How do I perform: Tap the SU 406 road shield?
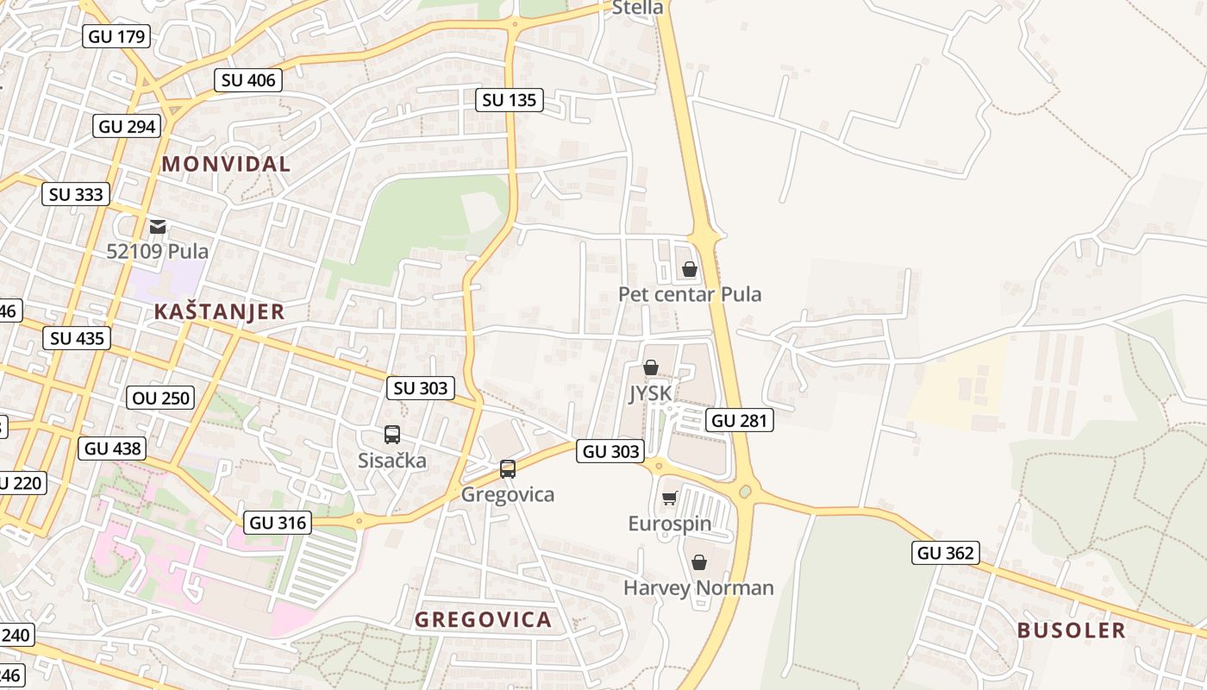point(248,80)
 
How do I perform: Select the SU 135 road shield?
point(509,100)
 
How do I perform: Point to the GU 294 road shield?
point(127,127)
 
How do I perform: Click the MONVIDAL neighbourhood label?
point(226,164)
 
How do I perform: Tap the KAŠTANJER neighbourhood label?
point(219,311)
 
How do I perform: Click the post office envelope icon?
point(158,227)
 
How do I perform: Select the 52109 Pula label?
point(158,251)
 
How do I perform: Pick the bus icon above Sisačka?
point(392,435)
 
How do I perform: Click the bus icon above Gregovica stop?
point(508,469)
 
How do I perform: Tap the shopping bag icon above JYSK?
point(651,368)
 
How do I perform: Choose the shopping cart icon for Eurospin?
point(669,499)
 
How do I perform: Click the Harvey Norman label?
point(698,588)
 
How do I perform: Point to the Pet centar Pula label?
point(690,294)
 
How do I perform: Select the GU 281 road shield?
point(739,420)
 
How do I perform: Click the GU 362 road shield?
point(946,553)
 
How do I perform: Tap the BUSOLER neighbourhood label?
point(1071,630)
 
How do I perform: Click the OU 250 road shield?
point(161,398)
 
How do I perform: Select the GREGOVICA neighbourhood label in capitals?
point(483,619)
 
